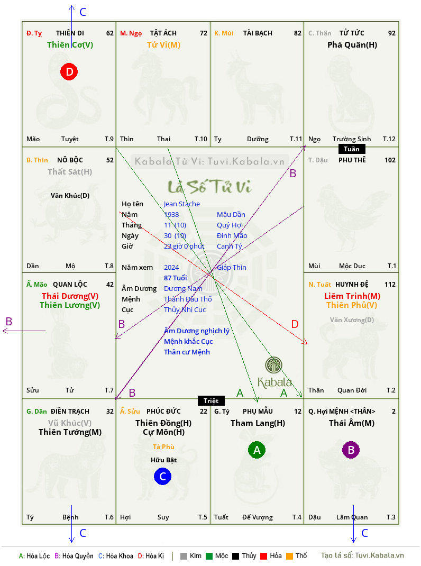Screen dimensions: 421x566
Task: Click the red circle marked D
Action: (69, 71)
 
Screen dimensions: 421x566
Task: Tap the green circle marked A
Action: (257, 450)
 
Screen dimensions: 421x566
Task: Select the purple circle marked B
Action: (351, 450)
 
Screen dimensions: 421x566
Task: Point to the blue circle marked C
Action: (162, 476)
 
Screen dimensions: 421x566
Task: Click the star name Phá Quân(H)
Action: (352, 45)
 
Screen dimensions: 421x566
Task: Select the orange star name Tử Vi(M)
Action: (163, 45)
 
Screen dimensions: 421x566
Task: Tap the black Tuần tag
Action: (352, 149)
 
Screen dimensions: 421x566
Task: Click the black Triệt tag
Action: (211, 400)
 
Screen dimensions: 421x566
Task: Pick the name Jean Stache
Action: (181, 204)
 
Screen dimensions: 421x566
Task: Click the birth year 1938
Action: (171, 214)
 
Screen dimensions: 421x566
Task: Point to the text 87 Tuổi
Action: (175, 278)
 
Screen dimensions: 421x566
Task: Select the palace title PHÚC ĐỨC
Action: (163, 411)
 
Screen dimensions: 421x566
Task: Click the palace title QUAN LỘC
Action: (70, 284)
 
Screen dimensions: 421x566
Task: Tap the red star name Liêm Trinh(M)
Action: (352, 296)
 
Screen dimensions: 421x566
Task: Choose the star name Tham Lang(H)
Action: (258, 423)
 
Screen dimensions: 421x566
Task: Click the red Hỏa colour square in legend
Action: (263, 556)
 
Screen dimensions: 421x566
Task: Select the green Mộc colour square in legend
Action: (209, 556)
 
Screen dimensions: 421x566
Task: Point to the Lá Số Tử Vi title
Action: (210, 187)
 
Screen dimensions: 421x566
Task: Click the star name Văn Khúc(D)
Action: (70, 196)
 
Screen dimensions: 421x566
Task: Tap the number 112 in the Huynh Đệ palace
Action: (390, 285)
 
